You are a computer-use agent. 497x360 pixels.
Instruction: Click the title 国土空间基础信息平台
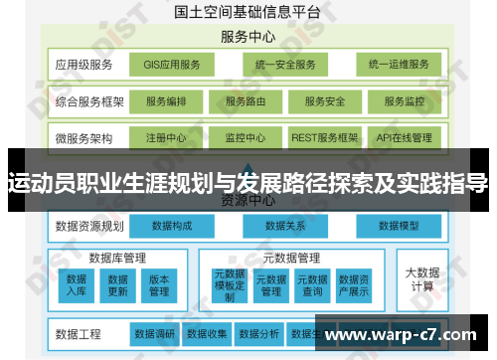[248, 13]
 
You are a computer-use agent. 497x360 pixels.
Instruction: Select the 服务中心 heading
[248, 38]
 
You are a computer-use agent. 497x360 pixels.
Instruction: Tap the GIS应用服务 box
[171, 66]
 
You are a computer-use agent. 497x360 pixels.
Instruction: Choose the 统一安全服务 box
[284, 66]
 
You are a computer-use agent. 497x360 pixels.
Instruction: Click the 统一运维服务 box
[398, 66]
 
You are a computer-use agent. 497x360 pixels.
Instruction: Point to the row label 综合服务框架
[90, 101]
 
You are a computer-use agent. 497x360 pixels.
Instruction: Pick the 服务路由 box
[246, 101]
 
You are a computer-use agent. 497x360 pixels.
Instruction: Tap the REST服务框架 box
[324, 137]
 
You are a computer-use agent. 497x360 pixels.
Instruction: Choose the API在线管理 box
[404, 137]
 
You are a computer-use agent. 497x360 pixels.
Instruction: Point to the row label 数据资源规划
[89, 227]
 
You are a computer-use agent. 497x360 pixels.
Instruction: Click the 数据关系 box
[286, 227]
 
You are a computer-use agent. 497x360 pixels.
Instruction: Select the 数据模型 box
[401, 227]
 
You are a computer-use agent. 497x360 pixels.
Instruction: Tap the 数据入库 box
[78, 285]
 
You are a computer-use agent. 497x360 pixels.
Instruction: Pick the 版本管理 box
[159, 285]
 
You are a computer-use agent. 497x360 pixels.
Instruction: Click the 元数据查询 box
[312, 285]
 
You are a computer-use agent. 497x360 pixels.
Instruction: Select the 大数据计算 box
[421, 278]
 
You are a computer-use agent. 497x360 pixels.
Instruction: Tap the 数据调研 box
[155, 332]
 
